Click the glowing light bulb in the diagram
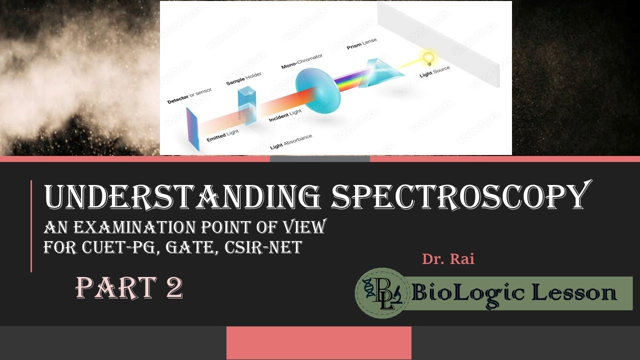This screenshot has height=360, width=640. click(x=428, y=57)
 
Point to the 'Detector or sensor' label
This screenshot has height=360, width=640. click(x=189, y=95)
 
